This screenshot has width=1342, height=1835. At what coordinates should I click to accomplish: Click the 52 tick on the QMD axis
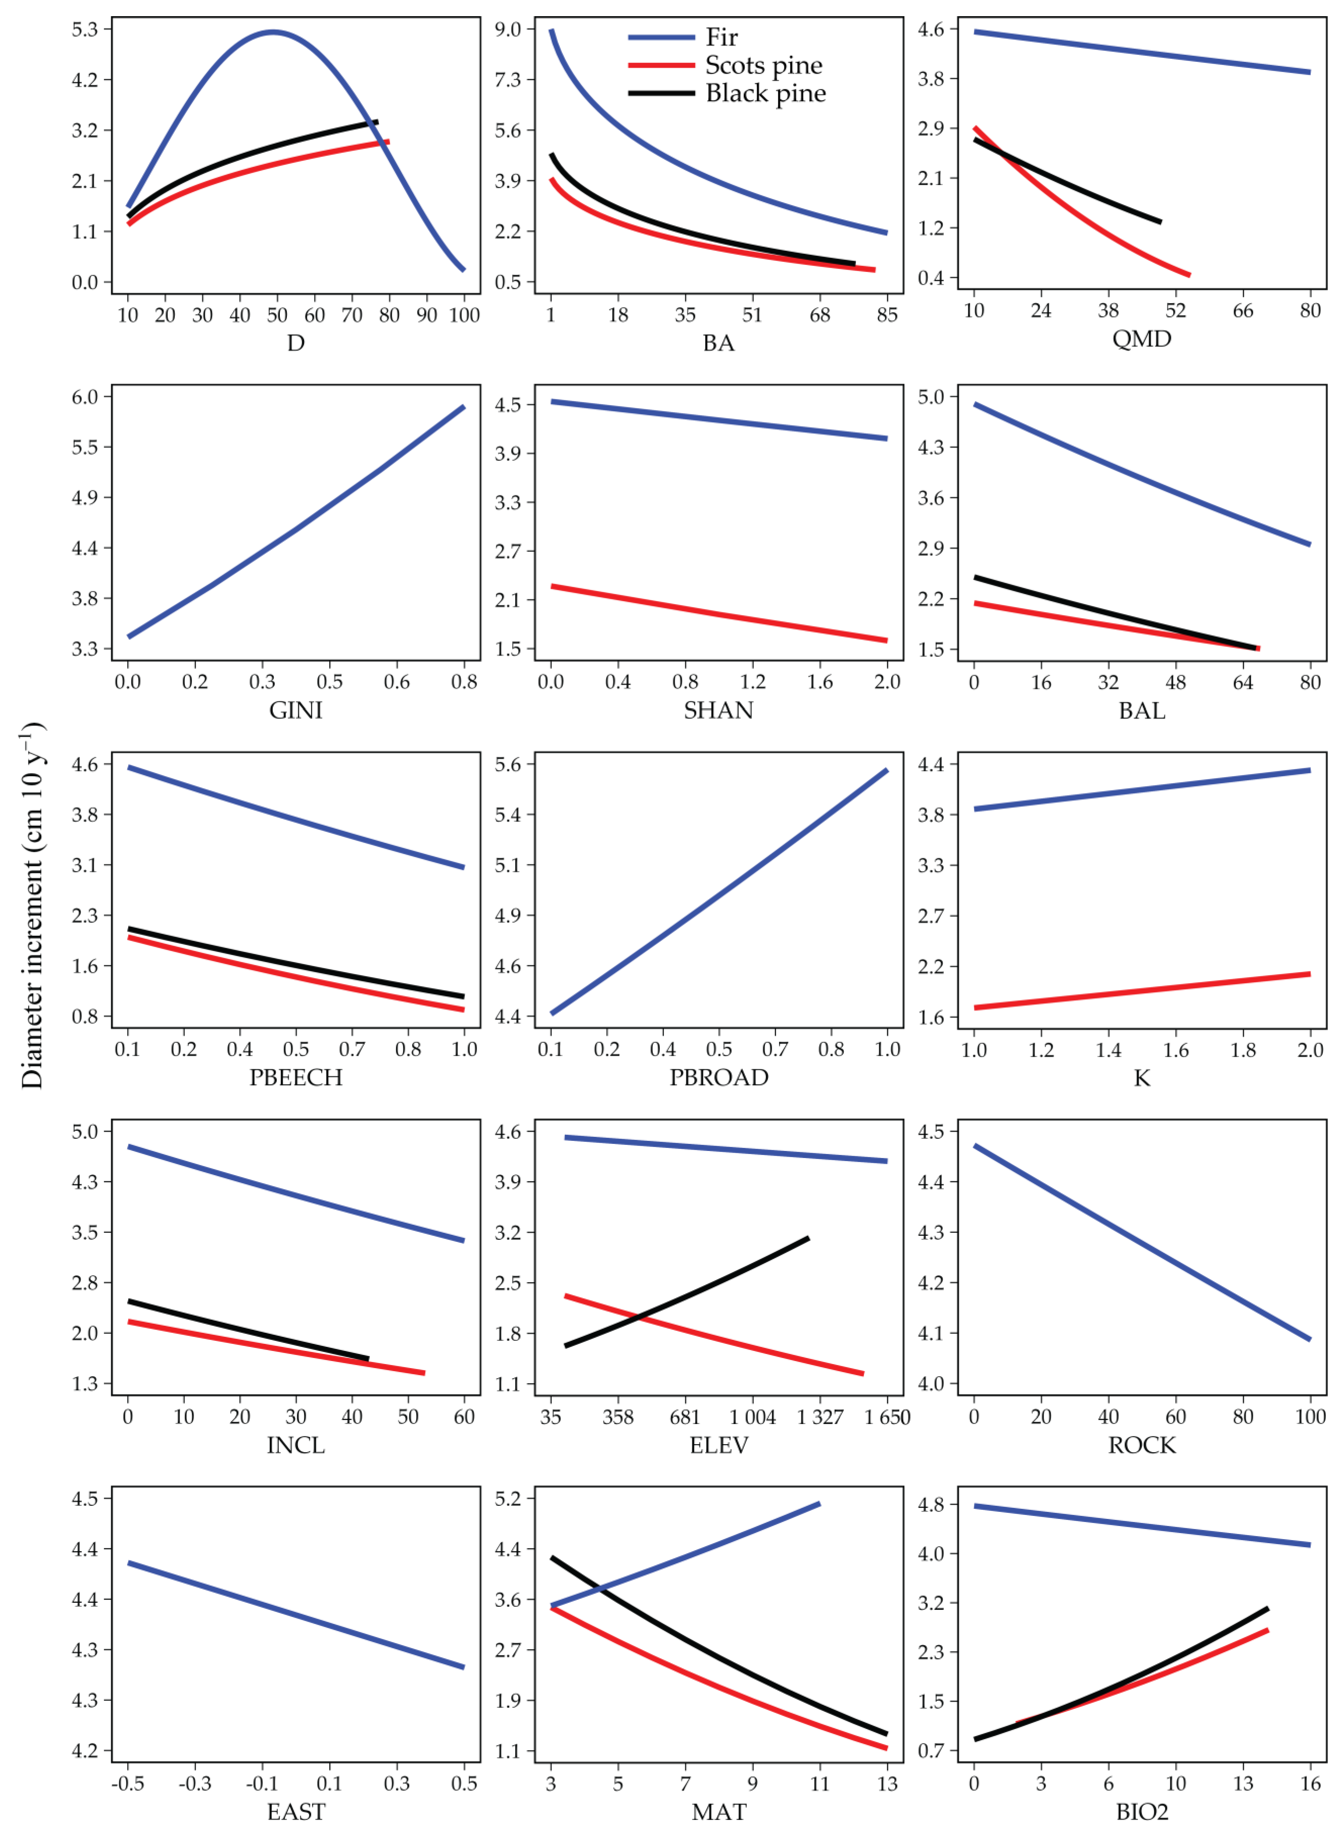click(x=1175, y=310)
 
